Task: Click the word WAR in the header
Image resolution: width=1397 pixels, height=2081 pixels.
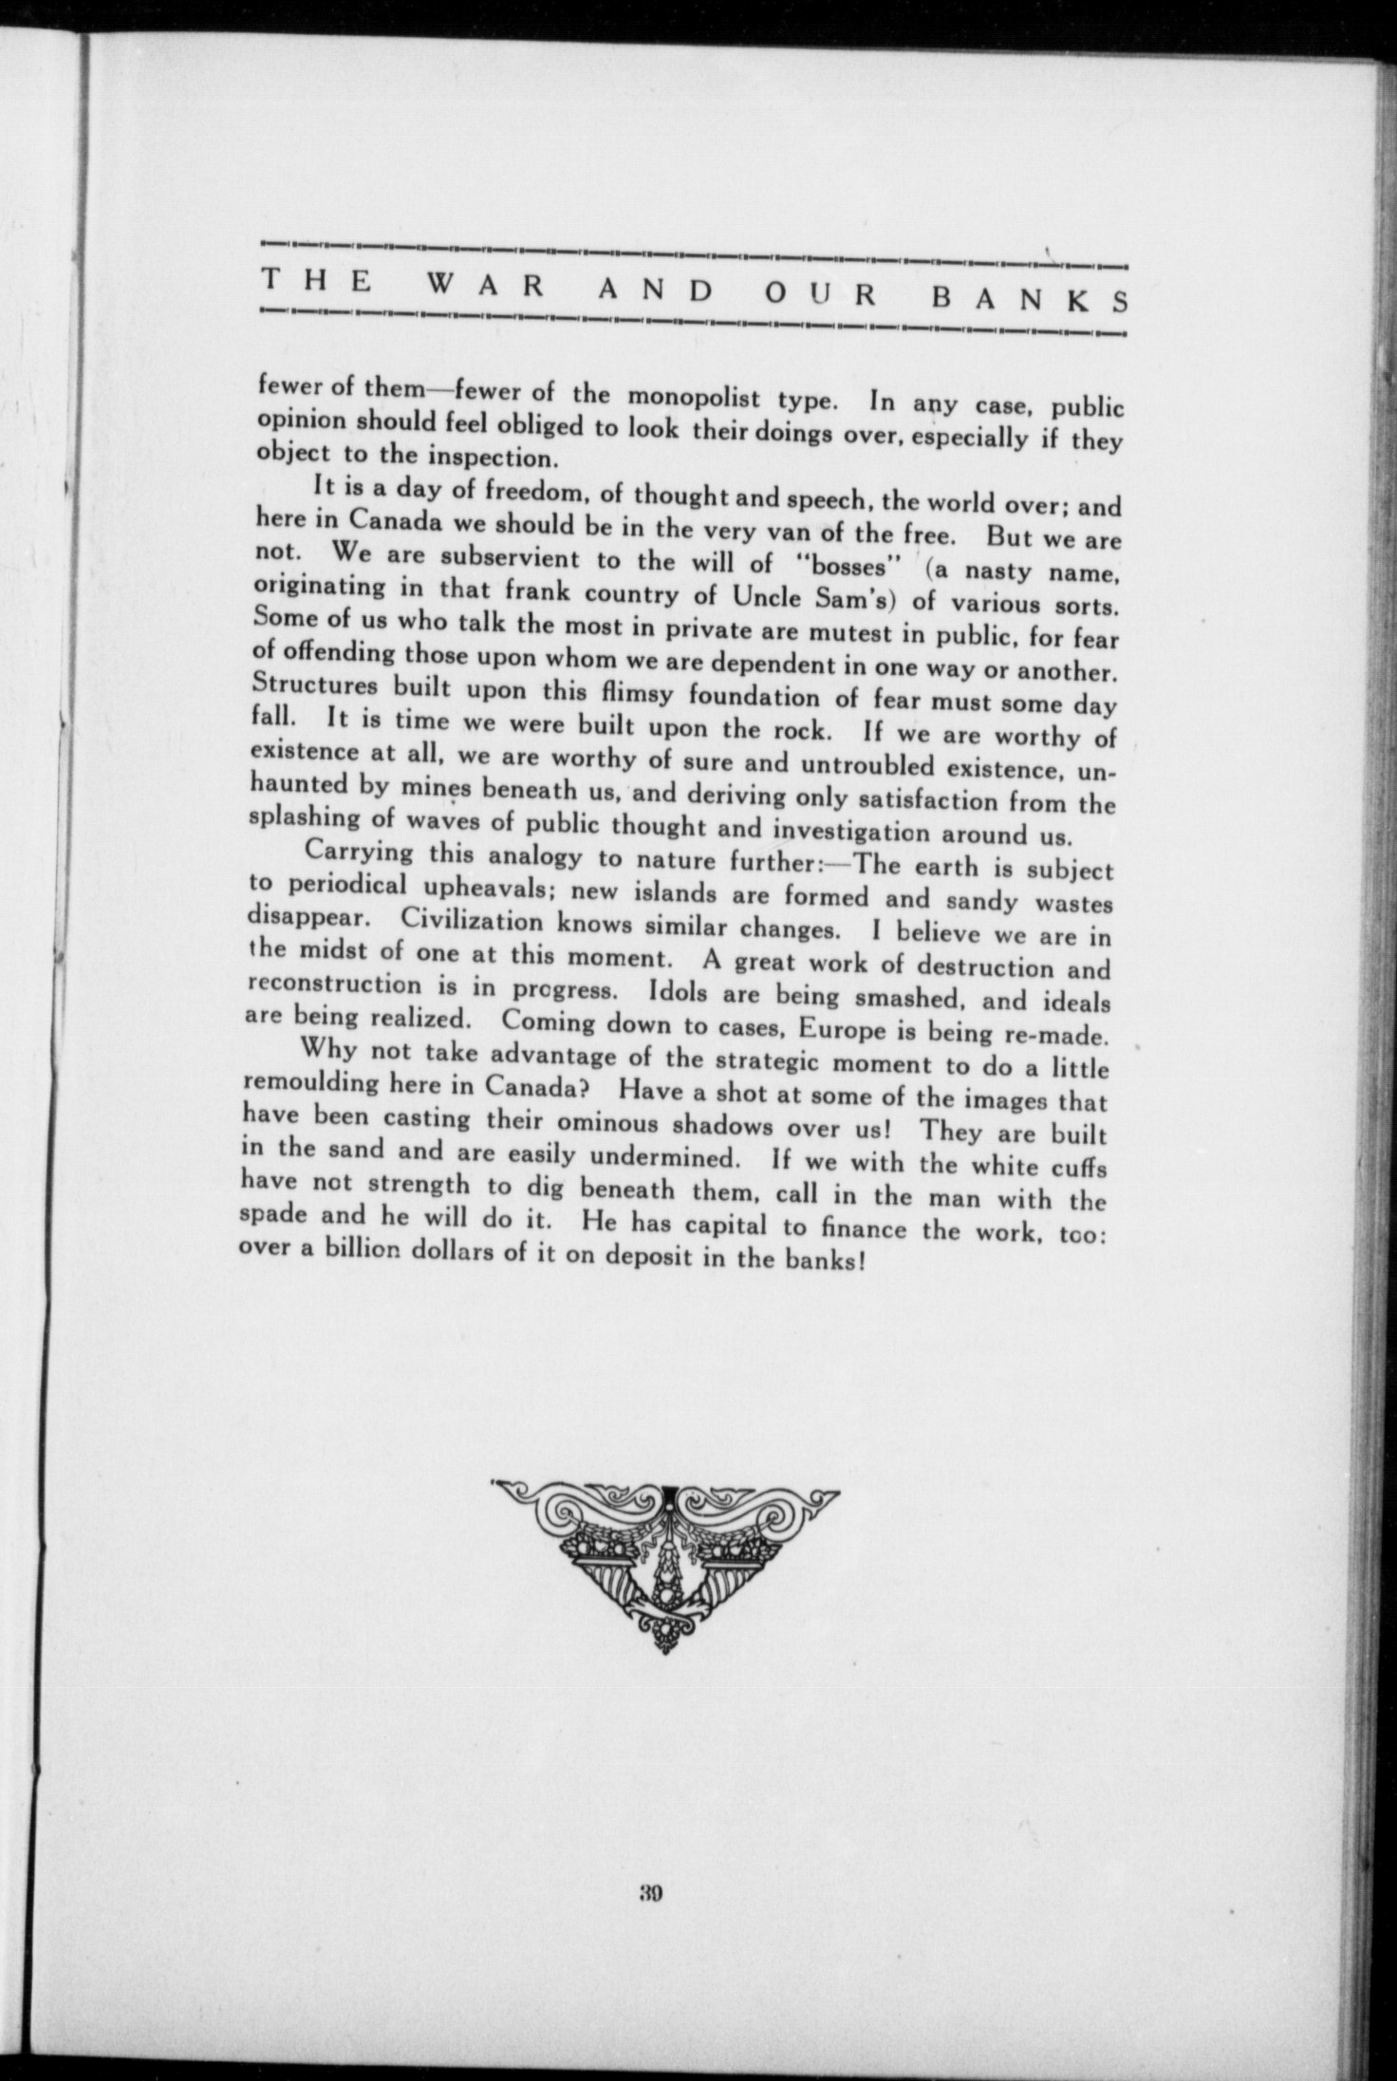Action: coord(464,286)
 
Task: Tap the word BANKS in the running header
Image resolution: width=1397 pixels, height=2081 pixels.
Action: coord(1029,297)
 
